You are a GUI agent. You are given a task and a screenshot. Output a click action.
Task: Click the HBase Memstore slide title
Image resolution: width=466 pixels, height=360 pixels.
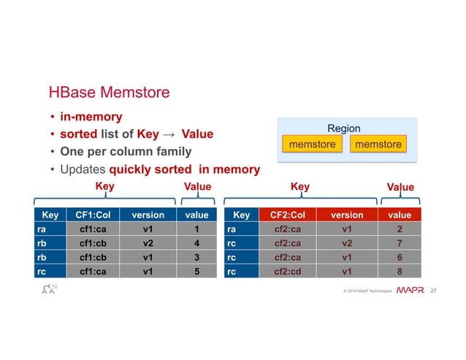[x=109, y=93]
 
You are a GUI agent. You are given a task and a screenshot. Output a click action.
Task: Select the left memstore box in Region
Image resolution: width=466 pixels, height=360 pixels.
[x=312, y=145]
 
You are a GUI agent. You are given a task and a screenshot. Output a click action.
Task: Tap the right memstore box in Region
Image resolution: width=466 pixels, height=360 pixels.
[x=378, y=145]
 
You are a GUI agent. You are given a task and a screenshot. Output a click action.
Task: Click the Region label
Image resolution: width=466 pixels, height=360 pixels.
[x=344, y=129]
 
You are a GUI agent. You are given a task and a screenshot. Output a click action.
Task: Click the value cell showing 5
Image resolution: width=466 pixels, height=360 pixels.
[x=196, y=272]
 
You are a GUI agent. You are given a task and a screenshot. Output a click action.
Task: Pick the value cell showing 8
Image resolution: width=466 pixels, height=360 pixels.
[x=400, y=272]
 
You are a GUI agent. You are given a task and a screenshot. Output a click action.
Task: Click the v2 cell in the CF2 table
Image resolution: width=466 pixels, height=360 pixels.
[x=346, y=244]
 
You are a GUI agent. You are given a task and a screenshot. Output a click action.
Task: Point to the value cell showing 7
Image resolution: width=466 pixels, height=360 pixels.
[x=400, y=244]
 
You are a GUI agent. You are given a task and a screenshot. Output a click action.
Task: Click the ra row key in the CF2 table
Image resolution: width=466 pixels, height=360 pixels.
[x=232, y=229]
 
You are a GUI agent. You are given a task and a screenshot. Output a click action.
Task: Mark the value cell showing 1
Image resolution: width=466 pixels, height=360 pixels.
[x=196, y=229]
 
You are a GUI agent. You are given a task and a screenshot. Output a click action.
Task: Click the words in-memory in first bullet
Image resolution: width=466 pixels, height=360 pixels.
[x=91, y=117]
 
